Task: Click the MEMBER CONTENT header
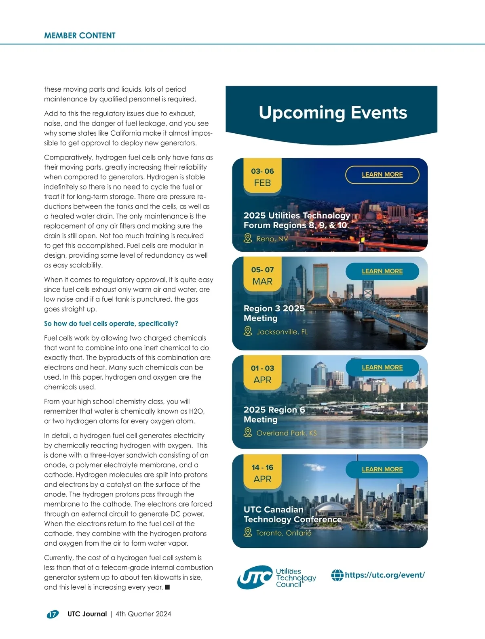pyautogui.click(x=80, y=36)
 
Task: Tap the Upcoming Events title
pyautogui.click(x=333, y=113)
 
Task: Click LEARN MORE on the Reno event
pyautogui.click(x=382, y=174)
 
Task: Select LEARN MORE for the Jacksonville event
pyautogui.click(x=382, y=271)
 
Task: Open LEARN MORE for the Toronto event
pyautogui.click(x=382, y=469)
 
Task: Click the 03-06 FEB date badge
pyautogui.click(x=262, y=177)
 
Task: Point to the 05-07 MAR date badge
pyautogui.click(x=262, y=275)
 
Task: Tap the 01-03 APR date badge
pyautogui.click(x=262, y=374)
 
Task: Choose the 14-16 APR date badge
pyautogui.click(x=262, y=473)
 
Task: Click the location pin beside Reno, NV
pyautogui.click(x=248, y=239)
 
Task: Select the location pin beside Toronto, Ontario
pyautogui.click(x=248, y=533)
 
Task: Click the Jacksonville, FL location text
pyautogui.click(x=282, y=332)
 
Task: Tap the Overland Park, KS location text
pyautogui.click(x=287, y=433)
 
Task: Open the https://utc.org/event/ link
pyautogui.click(x=384, y=575)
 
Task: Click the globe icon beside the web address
pyautogui.click(x=337, y=575)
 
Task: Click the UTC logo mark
pyautogui.click(x=255, y=578)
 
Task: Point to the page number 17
pyautogui.click(x=53, y=614)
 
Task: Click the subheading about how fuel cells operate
pyautogui.click(x=111, y=324)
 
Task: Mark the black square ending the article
pyautogui.click(x=167, y=587)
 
